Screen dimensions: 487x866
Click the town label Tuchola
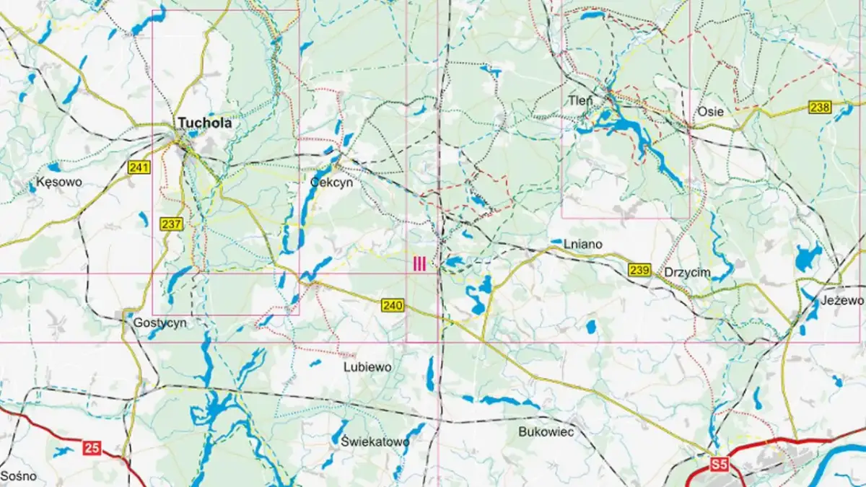click(205, 123)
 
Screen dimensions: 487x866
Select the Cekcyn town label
click(331, 183)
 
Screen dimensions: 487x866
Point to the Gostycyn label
click(159, 323)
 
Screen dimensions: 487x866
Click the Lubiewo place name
click(367, 367)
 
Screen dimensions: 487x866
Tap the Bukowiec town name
click(546, 432)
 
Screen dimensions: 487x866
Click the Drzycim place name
click(687, 272)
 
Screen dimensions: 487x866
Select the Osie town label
click(710, 112)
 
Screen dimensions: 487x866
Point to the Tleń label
click(580, 100)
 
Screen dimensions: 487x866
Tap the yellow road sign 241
click(139, 168)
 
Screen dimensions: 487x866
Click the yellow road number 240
click(393, 306)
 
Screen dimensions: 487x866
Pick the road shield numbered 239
click(639, 271)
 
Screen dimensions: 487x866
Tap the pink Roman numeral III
click(419, 264)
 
